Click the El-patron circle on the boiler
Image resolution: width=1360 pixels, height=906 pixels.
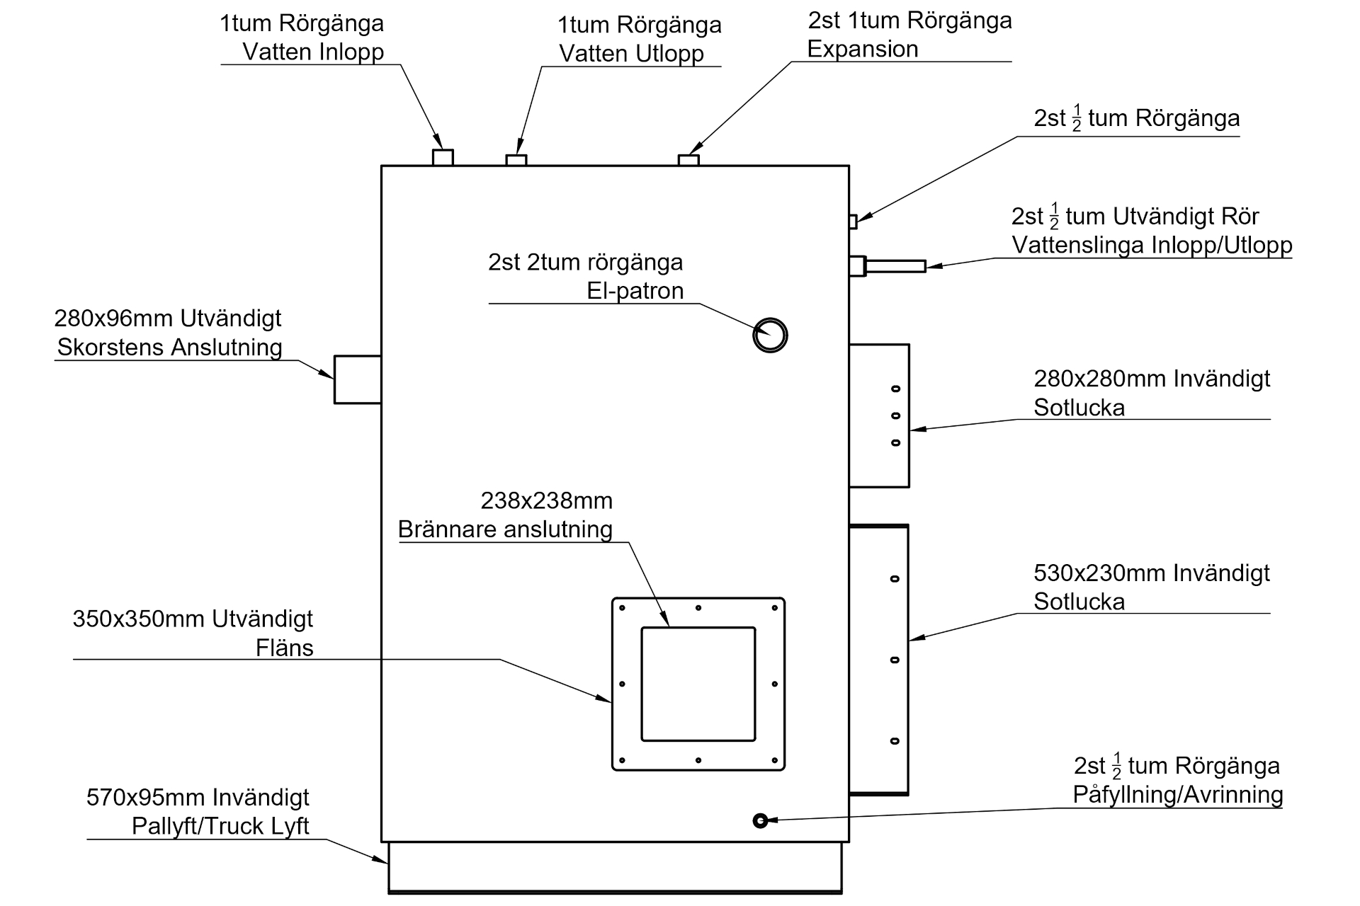[770, 335]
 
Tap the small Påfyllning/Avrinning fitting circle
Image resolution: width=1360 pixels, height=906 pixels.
[760, 820]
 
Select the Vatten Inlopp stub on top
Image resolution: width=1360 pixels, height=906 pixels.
[443, 158]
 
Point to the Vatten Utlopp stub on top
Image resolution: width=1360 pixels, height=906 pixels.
[516, 160]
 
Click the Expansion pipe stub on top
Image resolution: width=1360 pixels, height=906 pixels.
[688, 160]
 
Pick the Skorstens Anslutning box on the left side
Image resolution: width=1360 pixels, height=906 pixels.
[358, 379]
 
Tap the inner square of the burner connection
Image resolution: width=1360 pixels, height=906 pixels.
[698, 684]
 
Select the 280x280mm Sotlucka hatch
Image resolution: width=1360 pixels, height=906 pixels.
[879, 415]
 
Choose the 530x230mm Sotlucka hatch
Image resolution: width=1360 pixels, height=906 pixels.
[879, 660]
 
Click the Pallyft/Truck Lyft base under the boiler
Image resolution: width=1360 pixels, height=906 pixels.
[615, 867]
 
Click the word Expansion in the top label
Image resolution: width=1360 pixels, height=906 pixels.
[862, 50]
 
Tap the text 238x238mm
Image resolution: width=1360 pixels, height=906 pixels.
[546, 501]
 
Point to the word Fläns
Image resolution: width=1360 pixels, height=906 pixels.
[284, 648]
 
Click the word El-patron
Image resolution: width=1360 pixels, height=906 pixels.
[635, 291]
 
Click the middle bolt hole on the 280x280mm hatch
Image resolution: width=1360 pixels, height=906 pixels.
[895, 415]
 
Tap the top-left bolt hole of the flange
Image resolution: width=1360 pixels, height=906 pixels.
[622, 608]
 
